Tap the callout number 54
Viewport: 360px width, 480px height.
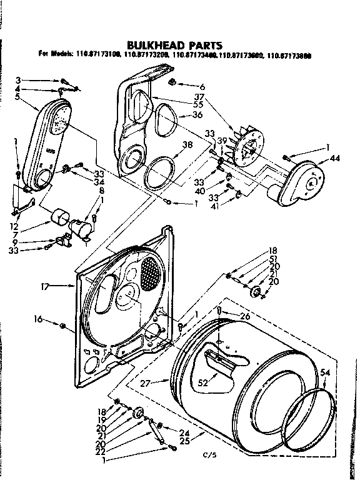(326, 372)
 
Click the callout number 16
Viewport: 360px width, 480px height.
(38, 319)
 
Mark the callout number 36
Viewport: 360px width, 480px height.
(198, 115)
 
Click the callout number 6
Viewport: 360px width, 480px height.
(202, 86)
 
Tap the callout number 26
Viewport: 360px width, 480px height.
(245, 317)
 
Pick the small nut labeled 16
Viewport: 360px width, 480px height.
(62, 326)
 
